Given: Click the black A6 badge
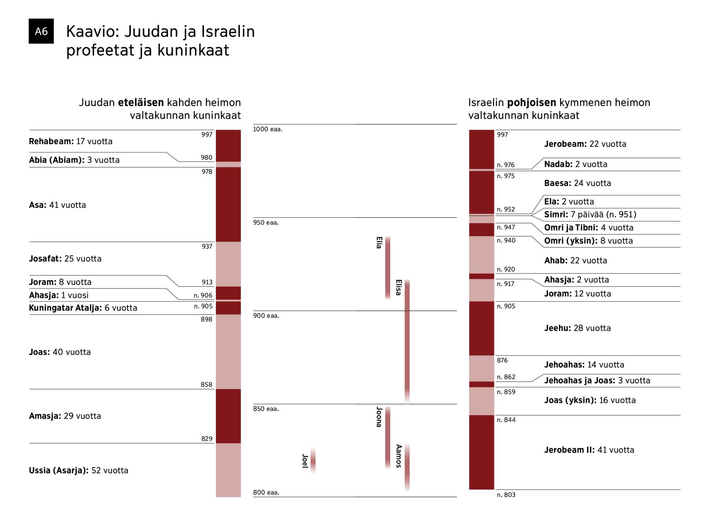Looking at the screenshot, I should click(x=41, y=31).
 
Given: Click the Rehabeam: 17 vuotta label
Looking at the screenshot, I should click(x=71, y=141).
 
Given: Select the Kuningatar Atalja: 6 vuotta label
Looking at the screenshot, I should click(x=83, y=308).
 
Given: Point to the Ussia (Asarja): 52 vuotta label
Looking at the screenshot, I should click(x=78, y=470).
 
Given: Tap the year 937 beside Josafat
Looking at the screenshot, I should click(x=207, y=246).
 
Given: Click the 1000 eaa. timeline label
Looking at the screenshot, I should click(x=267, y=129).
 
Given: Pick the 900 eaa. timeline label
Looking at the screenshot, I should click(x=266, y=316).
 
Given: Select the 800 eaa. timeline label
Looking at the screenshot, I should click(x=266, y=492).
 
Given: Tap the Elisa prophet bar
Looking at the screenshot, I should click(x=407, y=341).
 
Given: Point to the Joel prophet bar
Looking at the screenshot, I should click(x=313, y=460).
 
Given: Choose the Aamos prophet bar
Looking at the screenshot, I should click(x=407, y=467).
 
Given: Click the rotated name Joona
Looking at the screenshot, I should click(x=379, y=417).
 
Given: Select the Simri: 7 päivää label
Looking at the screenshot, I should click(x=590, y=215).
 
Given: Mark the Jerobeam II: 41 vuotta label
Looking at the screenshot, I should click(x=589, y=450).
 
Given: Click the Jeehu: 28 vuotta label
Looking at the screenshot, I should click(x=577, y=328).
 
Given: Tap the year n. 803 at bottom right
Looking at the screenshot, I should click(x=506, y=495).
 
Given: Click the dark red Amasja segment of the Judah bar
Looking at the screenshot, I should click(x=228, y=416).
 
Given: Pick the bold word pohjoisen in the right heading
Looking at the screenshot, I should click(x=531, y=103).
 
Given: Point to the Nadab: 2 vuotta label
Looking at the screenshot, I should click(x=575, y=164).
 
